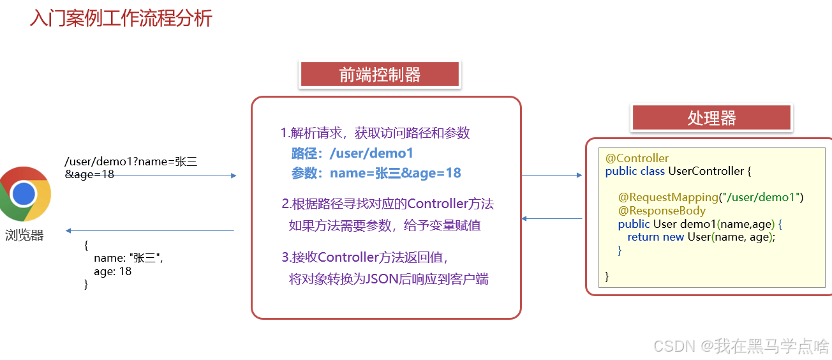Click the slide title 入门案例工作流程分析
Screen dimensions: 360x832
click(121, 19)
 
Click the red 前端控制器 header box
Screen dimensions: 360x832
click(380, 75)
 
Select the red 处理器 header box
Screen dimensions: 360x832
click(711, 118)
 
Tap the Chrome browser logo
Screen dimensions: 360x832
click(24, 194)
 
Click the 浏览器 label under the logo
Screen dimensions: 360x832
click(24, 236)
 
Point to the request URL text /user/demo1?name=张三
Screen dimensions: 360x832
click(131, 162)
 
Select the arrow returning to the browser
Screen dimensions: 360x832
click(150, 230)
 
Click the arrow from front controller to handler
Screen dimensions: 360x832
click(552, 175)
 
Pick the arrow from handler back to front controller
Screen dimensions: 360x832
click(552, 218)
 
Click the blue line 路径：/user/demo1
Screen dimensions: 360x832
click(353, 153)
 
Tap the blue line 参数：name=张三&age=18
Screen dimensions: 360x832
click(376, 173)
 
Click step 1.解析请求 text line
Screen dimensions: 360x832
click(375, 133)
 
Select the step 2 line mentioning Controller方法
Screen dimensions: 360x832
click(388, 204)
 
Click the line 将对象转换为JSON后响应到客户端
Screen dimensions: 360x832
click(389, 279)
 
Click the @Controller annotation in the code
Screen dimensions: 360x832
click(637, 158)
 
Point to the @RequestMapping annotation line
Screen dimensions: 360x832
click(710, 197)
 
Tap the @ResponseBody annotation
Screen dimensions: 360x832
click(662, 211)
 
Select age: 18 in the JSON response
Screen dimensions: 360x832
click(112, 271)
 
